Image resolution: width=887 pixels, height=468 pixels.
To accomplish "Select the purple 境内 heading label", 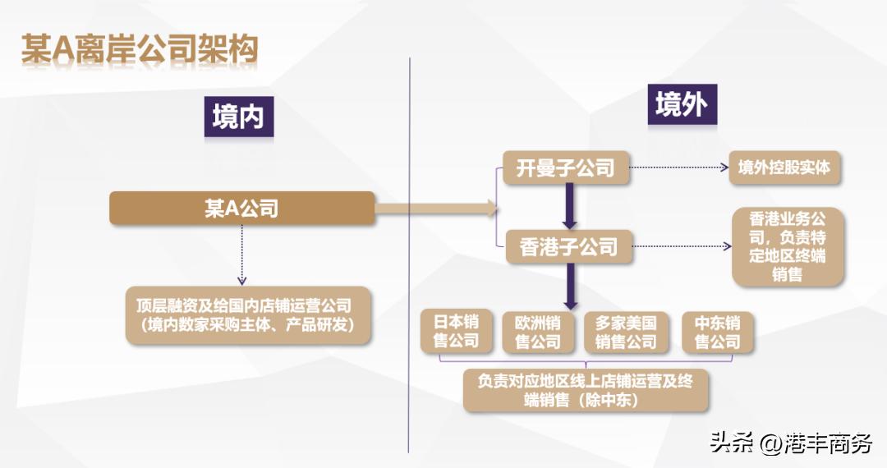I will (x=238, y=117).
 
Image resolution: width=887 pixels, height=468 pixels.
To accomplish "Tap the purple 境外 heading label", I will (x=681, y=104).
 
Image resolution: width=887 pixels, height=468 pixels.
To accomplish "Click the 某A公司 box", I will (x=241, y=208).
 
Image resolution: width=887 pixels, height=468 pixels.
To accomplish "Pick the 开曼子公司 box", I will (x=566, y=168).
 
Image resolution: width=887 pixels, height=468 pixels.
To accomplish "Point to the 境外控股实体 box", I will (x=784, y=167).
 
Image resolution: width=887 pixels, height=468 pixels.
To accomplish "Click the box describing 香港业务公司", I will (x=787, y=247).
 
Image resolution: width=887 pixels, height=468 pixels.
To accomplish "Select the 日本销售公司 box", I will (x=456, y=331).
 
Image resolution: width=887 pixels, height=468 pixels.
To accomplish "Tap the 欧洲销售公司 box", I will (x=538, y=332).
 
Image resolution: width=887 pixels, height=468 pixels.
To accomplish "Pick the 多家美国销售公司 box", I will (x=626, y=332).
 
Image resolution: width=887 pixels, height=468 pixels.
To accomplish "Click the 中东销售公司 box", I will (x=717, y=332).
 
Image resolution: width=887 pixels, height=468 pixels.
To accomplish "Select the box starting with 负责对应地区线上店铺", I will (x=586, y=391).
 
